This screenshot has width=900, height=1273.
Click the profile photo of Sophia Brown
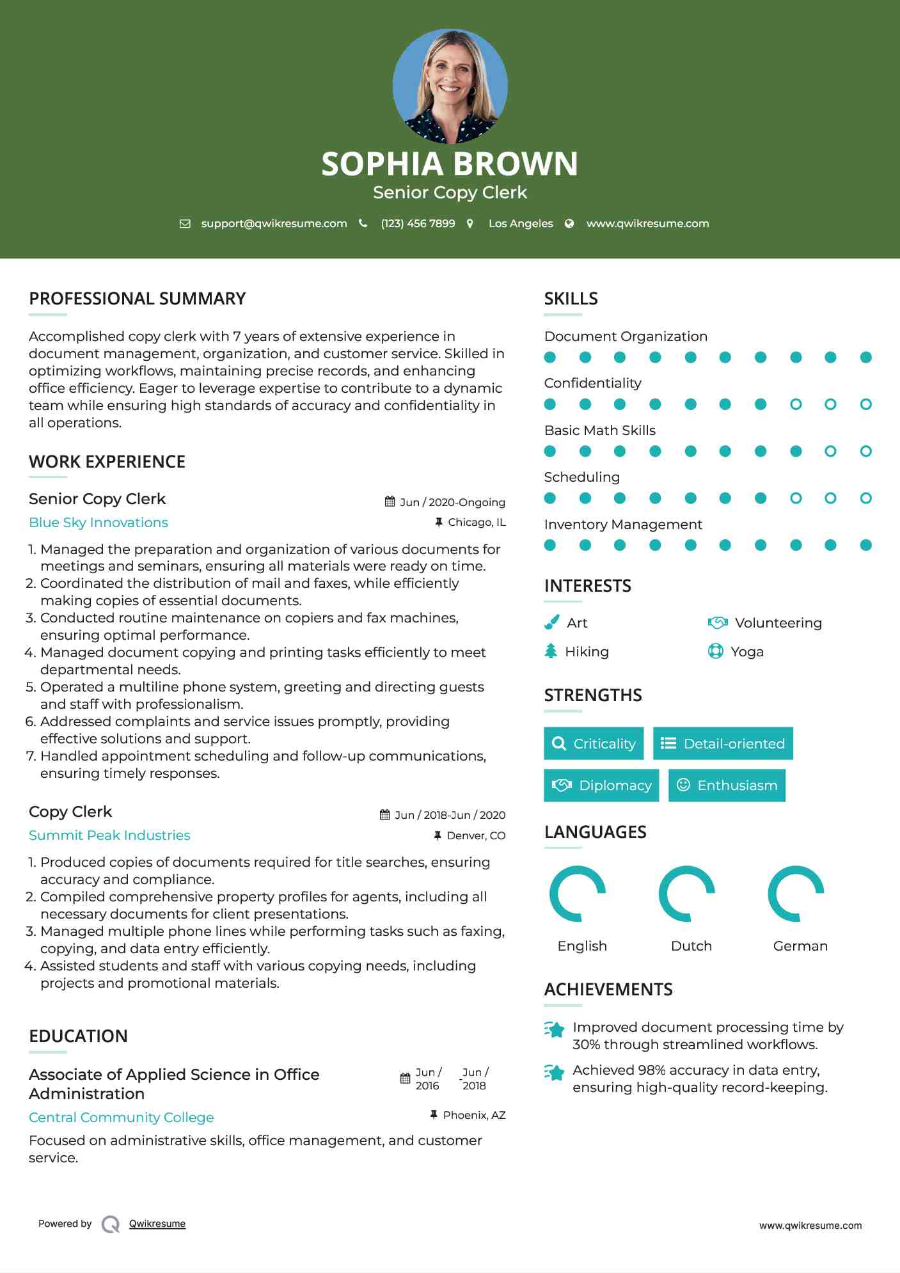[450, 86]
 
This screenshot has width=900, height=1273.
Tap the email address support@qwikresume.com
[274, 223]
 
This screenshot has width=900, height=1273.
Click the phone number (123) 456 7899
[418, 223]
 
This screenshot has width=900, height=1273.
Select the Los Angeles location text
[520, 223]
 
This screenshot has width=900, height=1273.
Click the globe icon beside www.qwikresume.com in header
[569, 223]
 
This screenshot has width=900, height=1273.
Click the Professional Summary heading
[138, 299]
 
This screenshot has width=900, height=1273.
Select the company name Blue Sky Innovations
[99, 523]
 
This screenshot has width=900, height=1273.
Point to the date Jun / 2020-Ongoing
[452, 502]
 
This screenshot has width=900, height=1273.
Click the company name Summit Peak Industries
[109, 835]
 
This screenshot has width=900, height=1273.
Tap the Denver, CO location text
[476, 835]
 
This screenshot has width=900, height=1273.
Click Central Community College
[121, 1118]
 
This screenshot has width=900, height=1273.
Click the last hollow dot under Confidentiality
[865, 404]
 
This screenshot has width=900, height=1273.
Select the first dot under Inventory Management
[550, 545]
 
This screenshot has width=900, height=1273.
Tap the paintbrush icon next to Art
[551, 622]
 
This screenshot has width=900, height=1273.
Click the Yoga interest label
[747, 652]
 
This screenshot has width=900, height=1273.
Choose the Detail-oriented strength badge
[723, 743]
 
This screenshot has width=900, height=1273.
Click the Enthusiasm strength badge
[727, 786]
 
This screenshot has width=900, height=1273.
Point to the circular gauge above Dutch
[686, 894]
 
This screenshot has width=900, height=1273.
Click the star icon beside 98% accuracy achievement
[555, 1072]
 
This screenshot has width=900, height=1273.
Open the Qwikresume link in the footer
[157, 1224]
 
